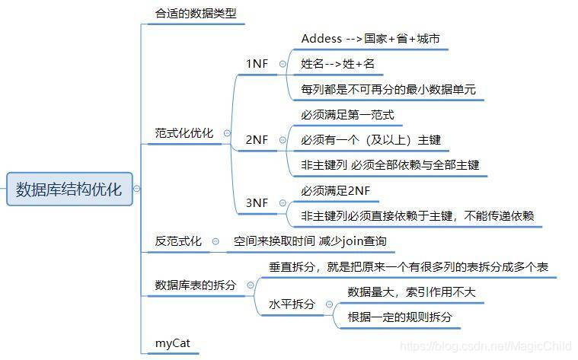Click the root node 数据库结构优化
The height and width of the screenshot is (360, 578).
click(x=69, y=188)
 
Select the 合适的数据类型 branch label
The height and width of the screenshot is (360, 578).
click(x=190, y=14)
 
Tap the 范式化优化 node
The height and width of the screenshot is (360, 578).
click(x=184, y=133)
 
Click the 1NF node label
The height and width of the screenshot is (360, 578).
click(x=256, y=65)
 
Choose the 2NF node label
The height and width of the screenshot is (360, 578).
click(x=256, y=140)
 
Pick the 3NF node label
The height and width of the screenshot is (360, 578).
click(x=256, y=202)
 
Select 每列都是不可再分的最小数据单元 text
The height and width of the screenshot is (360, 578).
click(x=388, y=90)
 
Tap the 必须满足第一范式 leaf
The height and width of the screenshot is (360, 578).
click(x=347, y=115)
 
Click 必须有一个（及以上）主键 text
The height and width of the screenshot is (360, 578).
click(x=370, y=140)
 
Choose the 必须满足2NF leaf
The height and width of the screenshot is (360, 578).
click(x=336, y=190)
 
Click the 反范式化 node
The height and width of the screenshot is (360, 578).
click(x=178, y=241)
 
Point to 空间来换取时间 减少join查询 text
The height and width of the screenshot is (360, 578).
click(x=310, y=241)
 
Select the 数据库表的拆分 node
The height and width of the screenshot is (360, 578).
click(x=195, y=285)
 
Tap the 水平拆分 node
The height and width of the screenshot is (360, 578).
click(x=292, y=304)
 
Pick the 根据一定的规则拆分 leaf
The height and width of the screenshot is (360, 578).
click(x=399, y=317)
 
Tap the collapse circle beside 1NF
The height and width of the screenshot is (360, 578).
click(x=283, y=65)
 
